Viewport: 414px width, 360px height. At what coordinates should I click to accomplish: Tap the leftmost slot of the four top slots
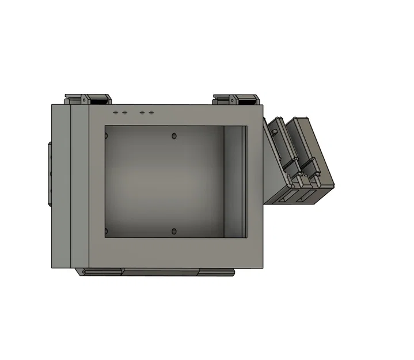[116, 113]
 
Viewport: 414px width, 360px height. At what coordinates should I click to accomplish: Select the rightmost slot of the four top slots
[151, 113]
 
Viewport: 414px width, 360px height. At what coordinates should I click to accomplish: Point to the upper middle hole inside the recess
[174, 137]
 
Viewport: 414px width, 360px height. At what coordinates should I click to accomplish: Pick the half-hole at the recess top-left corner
[107, 136]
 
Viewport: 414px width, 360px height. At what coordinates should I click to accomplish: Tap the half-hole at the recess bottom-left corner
[107, 232]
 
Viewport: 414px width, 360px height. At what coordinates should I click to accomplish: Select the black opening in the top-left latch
[100, 101]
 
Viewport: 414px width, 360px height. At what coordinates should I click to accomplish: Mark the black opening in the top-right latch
[248, 101]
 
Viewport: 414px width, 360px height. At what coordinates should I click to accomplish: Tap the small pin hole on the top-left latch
[85, 101]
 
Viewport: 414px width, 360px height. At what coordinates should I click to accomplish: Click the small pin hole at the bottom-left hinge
[82, 271]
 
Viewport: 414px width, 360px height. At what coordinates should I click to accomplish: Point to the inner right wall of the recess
[234, 181]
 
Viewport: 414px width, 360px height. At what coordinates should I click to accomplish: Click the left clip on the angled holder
[290, 164]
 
